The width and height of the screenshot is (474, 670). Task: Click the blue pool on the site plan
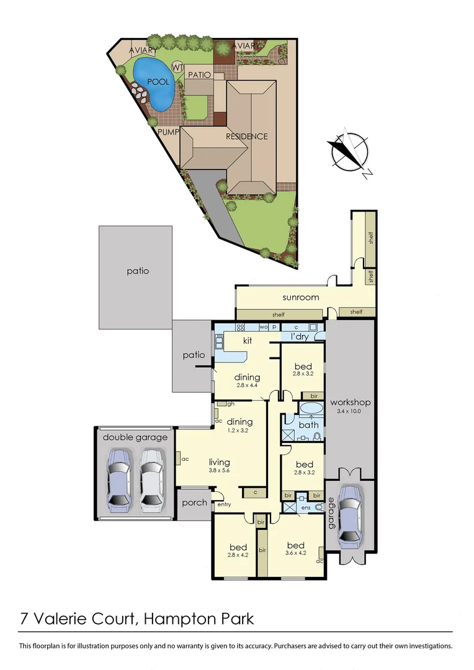pyautogui.click(x=153, y=83)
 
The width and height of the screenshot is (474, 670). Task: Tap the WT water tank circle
pyautogui.click(x=177, y=67)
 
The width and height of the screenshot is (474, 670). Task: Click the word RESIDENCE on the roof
pyautogui.click(x=246, y=136)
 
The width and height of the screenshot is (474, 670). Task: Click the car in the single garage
pyautogui.click(x=350, y=514)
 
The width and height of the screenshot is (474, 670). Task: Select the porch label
pyautogui.click(x=195, y=502)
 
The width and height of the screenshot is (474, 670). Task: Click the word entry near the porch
pyautogui.click(x=223, y=505)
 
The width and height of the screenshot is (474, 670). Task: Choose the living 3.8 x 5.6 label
pyautogui.click(x=220, y=466)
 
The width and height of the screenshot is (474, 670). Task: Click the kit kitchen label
pyautogui.click(x=246, y=341)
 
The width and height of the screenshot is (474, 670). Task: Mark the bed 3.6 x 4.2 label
pyautogui.click(x=295, y=550)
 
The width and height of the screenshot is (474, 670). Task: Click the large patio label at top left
pyautogui.click(x=138, y=271)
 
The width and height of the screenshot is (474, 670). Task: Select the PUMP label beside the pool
pyautogui.click(x=168, y=132)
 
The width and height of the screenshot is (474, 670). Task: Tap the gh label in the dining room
pyautogui.click(x=230, y=404)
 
